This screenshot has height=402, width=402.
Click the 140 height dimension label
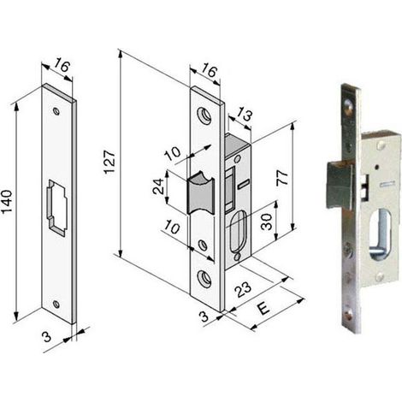pos(7,201)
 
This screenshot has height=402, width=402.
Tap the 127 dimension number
pos(109,162)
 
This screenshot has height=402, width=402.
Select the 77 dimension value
pos(282,178)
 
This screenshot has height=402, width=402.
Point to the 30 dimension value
pos(267,222)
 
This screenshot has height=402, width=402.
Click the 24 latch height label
pos(158,186)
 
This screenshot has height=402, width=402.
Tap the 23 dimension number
pos(243,289)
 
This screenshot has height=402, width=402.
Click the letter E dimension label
pos(263,309)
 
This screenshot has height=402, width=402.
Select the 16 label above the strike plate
pos(62,66)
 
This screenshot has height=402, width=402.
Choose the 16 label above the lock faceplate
pos(210,70)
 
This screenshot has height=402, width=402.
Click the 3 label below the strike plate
pos(46,337)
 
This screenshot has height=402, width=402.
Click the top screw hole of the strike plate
pos(57,111)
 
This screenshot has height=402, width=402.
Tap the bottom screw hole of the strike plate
pos(57,304)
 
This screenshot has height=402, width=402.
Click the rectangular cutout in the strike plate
pos(57,207)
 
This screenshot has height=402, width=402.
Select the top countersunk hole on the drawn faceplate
pos(204,115)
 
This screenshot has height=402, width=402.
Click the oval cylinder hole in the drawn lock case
pos(239,231)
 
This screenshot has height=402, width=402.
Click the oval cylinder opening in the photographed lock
pos(382,234)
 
